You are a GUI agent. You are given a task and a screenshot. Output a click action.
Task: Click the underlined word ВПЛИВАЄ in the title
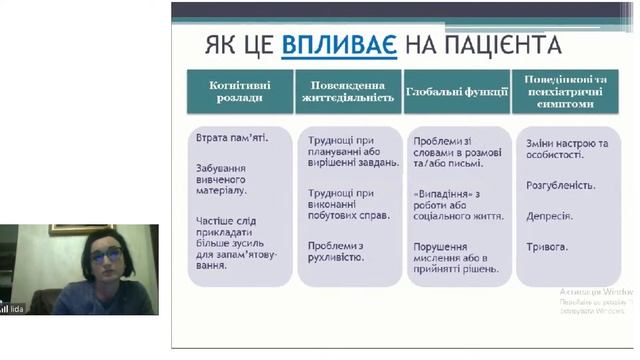click(x=339, y=45)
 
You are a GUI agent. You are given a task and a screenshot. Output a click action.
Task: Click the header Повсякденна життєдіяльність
click(x=348, y=91)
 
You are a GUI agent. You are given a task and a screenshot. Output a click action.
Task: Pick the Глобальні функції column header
click(x=457, y=91)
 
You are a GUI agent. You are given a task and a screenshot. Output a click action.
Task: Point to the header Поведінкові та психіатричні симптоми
click(x=566, y=91)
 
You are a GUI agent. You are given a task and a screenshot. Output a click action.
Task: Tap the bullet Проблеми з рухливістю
click(x=335, y=250)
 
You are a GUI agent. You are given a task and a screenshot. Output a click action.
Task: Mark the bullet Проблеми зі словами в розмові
click(x=456, y=150)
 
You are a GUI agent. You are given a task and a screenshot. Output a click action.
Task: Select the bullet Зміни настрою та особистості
click(x=566, y=150)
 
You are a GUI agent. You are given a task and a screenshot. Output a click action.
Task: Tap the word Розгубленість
click(x=560, y=185)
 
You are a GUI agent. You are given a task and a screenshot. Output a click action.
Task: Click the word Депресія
click(x=549, y=215)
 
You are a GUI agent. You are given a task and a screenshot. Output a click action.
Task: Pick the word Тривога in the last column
click(x=547, y=246)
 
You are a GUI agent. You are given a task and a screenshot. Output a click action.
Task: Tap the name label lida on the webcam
click(x=16, y=309)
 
